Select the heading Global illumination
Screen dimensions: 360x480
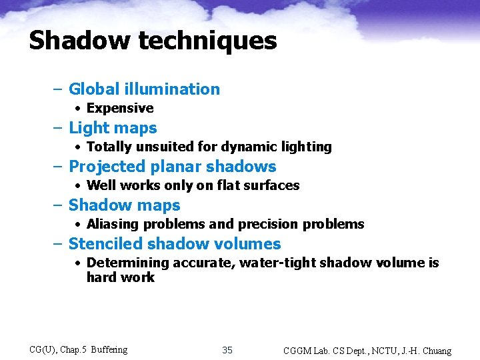[144, 89]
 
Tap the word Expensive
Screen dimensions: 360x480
[120, 108]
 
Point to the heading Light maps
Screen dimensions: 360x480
[113, 127]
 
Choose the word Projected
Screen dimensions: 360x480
[109, 166]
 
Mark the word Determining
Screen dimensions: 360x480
[127, 263]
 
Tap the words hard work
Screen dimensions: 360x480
[120, 277]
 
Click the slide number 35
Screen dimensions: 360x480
[227, 350]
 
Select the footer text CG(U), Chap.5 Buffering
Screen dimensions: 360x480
[79, 349]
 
